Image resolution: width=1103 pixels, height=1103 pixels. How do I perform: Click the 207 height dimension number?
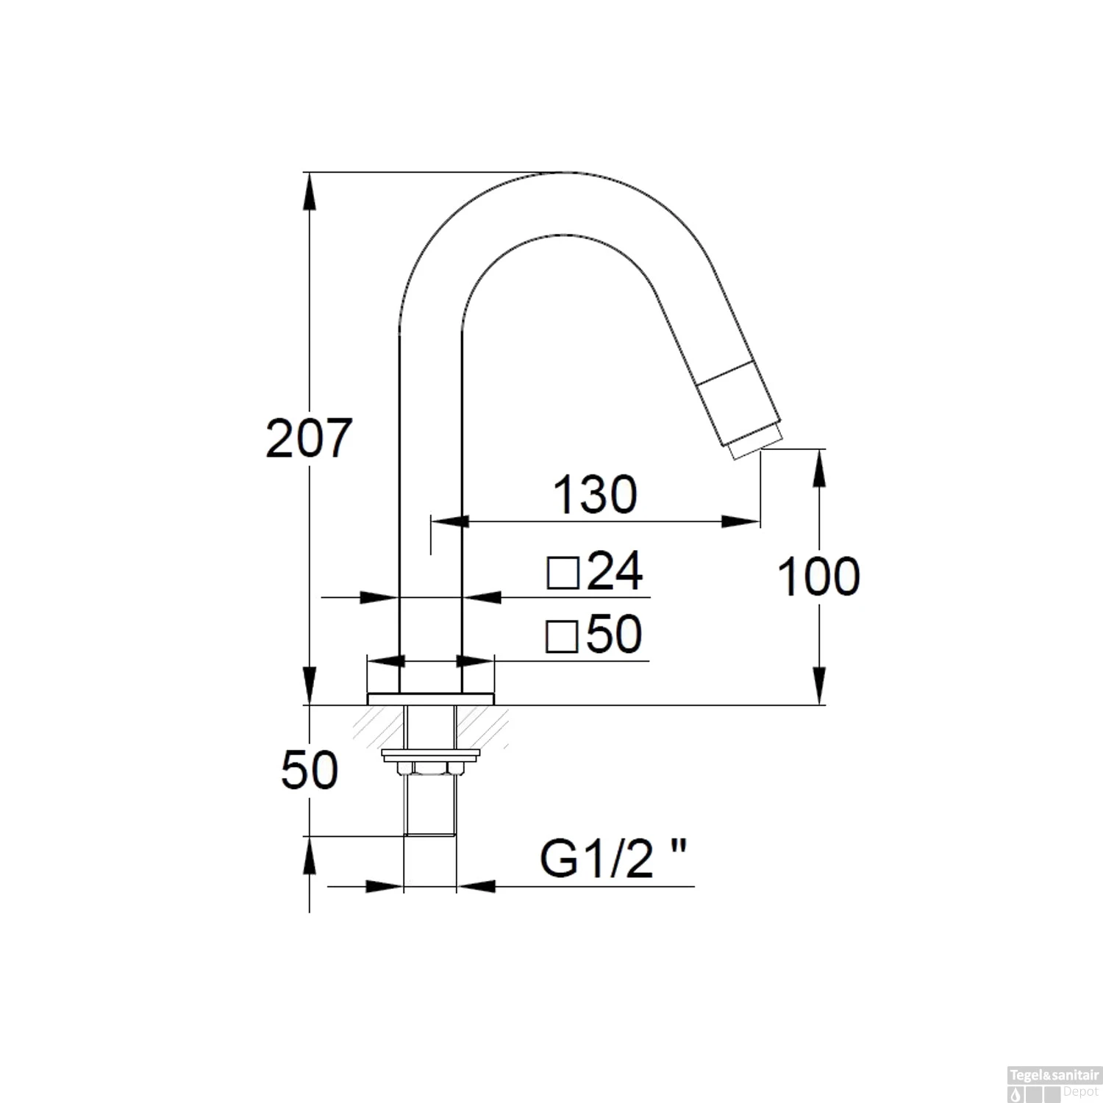click(309, 439)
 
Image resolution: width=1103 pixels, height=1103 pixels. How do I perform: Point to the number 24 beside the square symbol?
click(615, 571)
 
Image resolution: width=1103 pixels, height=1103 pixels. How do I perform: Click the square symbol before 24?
click(564, 573)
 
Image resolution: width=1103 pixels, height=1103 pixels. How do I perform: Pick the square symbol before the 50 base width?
click(563, 636)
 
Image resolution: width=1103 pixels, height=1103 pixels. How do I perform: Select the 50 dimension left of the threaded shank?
click(310, 770)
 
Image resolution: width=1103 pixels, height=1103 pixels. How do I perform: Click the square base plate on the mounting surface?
click(430, 699)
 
